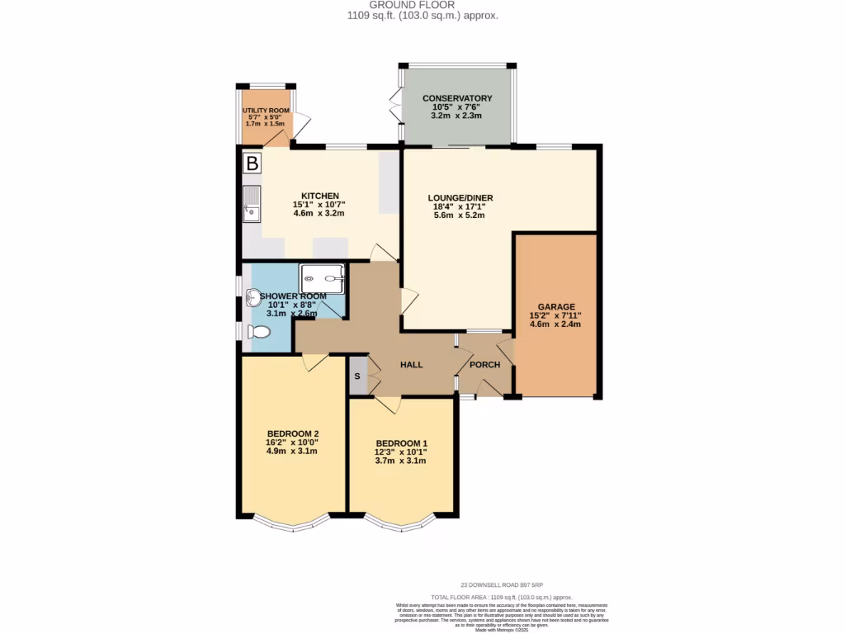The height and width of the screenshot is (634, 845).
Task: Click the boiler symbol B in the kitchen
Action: (x=253, y=163)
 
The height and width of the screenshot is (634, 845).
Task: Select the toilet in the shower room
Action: (x=258, y=332)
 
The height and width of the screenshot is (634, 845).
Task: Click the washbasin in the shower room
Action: (x=253, y=296)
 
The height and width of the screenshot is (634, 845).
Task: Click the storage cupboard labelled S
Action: (x=357, y=376)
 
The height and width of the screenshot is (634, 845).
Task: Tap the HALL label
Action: (x=412, y=364)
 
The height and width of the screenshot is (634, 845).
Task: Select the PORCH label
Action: (x=484, y=364)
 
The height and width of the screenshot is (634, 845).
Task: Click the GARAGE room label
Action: (x=555, y=306)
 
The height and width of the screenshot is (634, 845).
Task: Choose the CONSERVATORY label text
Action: (x=457, y=98)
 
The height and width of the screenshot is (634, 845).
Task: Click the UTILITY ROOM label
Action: (x=266, y=111)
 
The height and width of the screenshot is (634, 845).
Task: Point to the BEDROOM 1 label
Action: (x=401, y=442)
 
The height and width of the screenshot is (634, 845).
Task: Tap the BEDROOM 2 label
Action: (x=293, y=433)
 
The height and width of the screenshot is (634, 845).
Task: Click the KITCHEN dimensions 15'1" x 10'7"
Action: (x=319, y=205)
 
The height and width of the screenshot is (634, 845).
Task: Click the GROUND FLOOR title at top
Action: (x=422, y=5)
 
